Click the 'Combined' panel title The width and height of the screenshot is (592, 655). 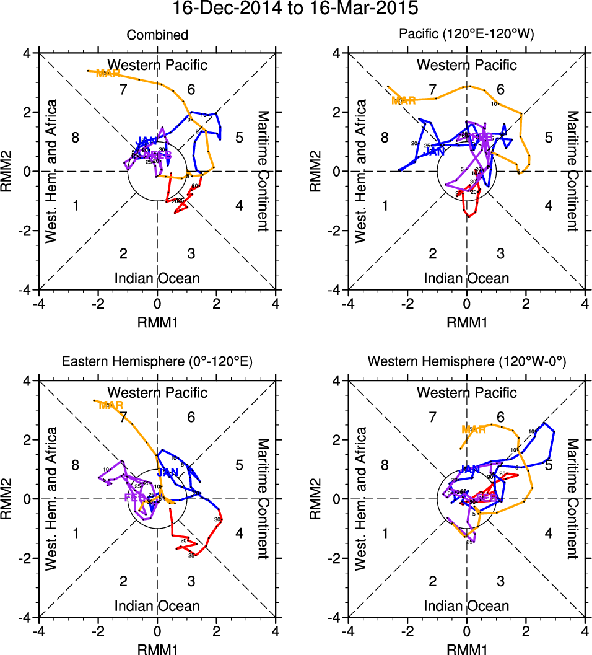tap(157, 35)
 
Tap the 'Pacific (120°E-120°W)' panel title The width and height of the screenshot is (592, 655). tap(466, 35)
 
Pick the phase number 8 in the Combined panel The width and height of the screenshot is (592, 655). tap(76, 138)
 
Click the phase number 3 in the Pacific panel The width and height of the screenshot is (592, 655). tap(500, 253)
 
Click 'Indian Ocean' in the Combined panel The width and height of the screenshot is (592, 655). tap(157, 278)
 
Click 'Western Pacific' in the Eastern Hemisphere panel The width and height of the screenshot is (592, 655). tap(157, 392)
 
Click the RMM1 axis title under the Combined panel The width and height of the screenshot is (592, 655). tap(157, 320)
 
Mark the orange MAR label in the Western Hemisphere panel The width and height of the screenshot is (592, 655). tap(474, 429)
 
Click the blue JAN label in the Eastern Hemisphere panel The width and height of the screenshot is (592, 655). tap(168, 472)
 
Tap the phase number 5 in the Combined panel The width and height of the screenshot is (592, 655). tap(239, 138)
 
